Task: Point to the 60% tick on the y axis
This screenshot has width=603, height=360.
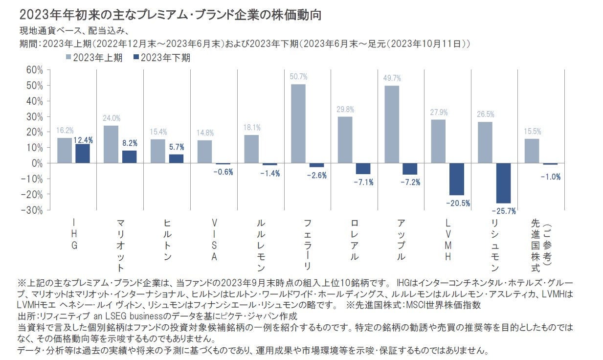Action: click(34, 70)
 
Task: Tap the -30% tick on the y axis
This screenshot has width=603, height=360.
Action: click(33, 210)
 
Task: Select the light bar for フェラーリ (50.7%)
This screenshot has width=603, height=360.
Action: click(298, 124)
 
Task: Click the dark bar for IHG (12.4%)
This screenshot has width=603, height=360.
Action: click(83, 154)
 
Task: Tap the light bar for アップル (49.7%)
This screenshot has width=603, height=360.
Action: click(392, 124)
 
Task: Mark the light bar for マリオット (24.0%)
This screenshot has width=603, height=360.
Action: click(111, 144)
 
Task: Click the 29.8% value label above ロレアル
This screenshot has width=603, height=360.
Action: click(345, 109)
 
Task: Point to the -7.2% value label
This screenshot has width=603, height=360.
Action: click(410, 182)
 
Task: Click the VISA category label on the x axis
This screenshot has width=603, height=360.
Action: click(214, 240)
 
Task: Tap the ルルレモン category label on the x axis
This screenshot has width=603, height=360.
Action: click(261, 245)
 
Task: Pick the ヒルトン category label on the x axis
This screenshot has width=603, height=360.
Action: click(168, 240)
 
